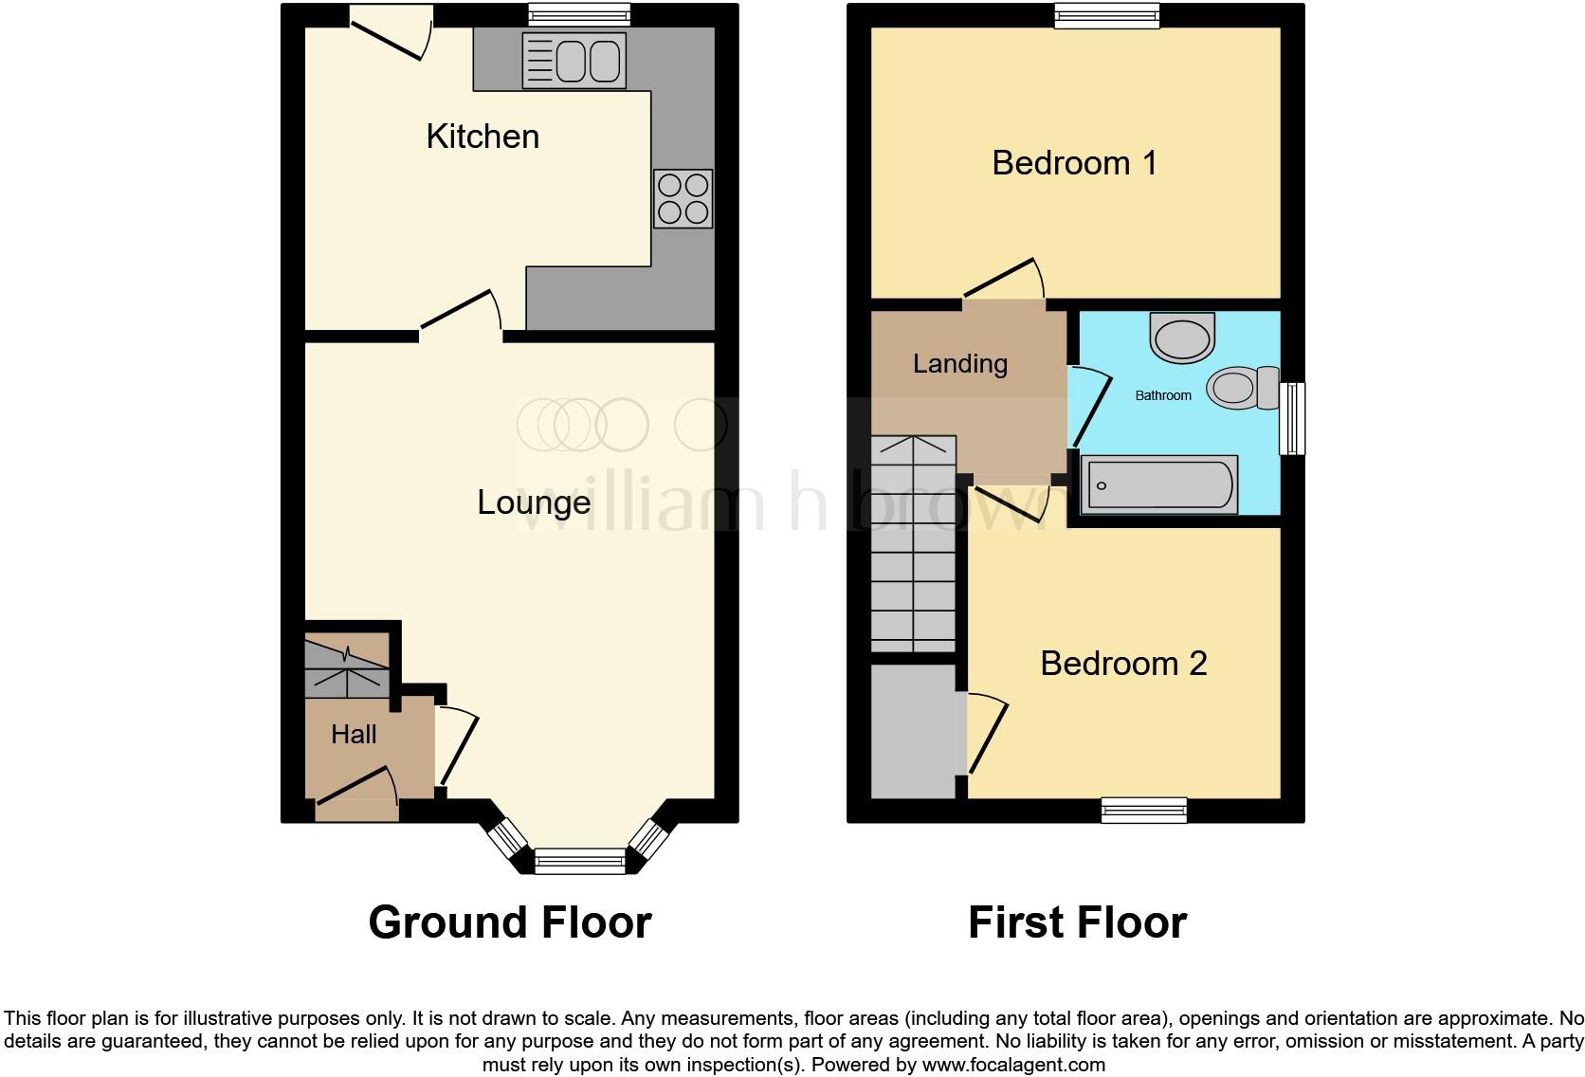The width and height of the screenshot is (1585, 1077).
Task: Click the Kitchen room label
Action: point(483,137)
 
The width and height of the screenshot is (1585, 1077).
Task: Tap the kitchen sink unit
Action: point(574,61)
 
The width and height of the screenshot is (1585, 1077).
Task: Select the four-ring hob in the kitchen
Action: point(683,198)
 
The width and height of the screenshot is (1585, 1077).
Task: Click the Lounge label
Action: point(534,502)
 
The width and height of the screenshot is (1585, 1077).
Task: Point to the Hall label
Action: point(354,734)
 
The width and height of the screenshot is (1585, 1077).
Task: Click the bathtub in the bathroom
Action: point(1158,484)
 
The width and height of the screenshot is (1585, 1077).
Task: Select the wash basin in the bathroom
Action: point(1181,338)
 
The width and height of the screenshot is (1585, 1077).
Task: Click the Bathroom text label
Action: point(1163,395)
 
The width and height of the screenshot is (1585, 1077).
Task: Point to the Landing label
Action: point(959,363)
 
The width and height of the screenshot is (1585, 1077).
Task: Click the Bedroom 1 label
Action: point(1074,163)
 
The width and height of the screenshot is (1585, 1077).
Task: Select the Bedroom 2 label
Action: point(1123,663)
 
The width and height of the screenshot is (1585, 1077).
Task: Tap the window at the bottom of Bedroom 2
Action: point(1144,810)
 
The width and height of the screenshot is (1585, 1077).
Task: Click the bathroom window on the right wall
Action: point(1292,418)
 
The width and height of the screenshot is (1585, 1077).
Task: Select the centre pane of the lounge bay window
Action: point(579,861)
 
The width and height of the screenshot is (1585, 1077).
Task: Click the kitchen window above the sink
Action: point(578,14)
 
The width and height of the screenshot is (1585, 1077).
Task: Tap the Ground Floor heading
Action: point(509,922)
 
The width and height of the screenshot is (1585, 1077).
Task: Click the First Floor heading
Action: point(1077,922)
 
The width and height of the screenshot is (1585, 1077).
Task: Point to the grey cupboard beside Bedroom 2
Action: point(913,730)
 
